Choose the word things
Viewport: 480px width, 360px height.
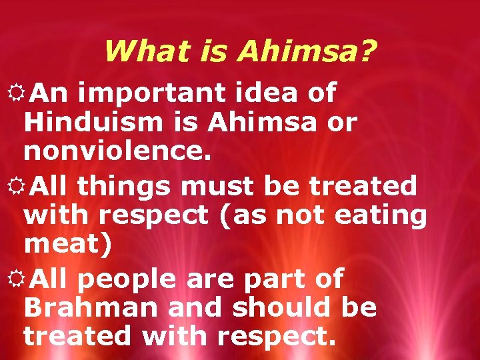(123, 186)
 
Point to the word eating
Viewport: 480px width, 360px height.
(386, 215)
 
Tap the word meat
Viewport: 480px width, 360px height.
(64, 244)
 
